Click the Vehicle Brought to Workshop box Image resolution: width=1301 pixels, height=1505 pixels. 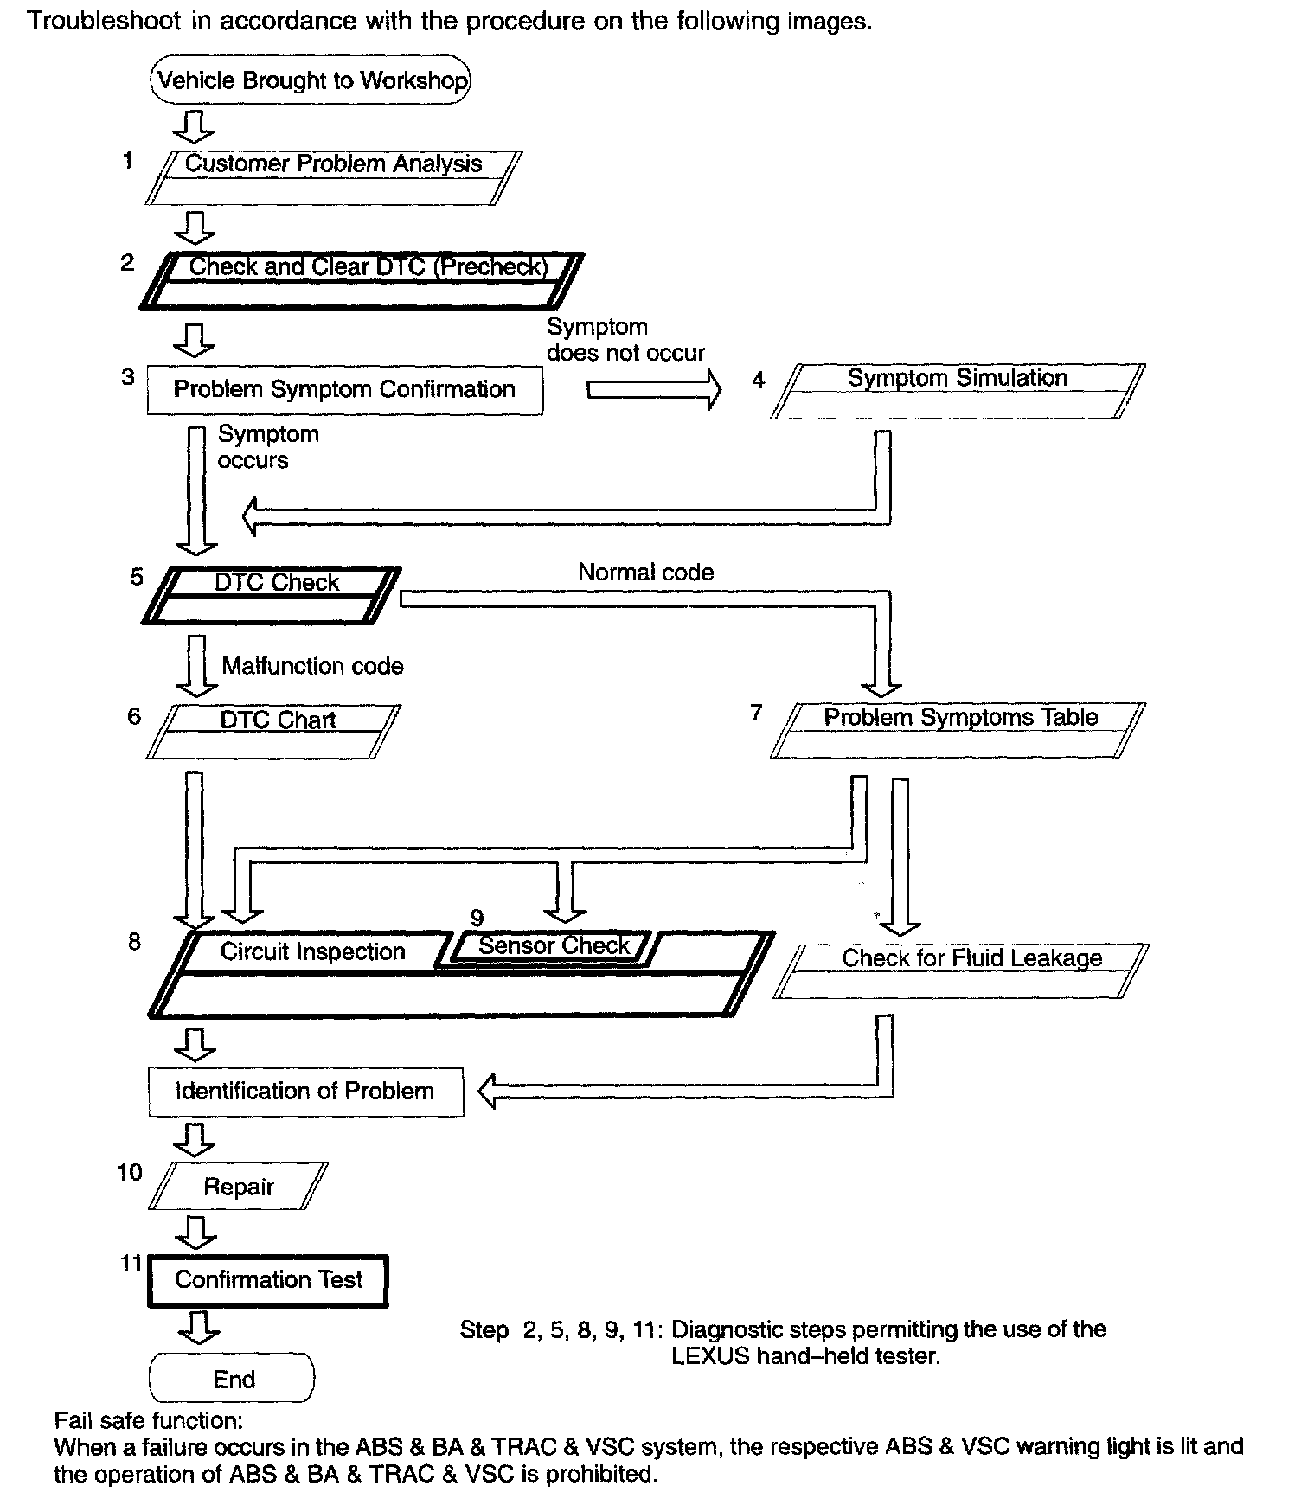311,80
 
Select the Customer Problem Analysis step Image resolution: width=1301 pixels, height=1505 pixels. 333,177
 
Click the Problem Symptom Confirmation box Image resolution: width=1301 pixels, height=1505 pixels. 344,390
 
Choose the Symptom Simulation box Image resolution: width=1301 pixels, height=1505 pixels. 958,391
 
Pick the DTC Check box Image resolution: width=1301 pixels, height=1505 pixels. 272,595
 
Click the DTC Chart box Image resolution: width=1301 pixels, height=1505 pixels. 273,731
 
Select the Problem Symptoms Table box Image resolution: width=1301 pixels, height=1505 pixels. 958,730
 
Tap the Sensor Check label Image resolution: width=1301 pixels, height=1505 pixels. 554,946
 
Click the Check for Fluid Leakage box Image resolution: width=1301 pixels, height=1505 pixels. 961,970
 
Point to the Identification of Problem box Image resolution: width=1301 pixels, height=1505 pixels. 305,1092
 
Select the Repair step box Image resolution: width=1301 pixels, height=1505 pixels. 238,1187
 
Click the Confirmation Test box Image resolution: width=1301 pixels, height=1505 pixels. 268,1280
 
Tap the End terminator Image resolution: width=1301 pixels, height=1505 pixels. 233,1379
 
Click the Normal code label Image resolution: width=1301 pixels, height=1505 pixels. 645,573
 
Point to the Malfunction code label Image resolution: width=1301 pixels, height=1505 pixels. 312,666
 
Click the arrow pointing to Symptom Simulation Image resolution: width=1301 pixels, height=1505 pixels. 653,390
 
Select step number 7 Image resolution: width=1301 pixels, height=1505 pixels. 756,713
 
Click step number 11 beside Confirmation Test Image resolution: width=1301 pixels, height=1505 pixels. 131,1264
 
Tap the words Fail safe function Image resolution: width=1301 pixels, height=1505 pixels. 148,1421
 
